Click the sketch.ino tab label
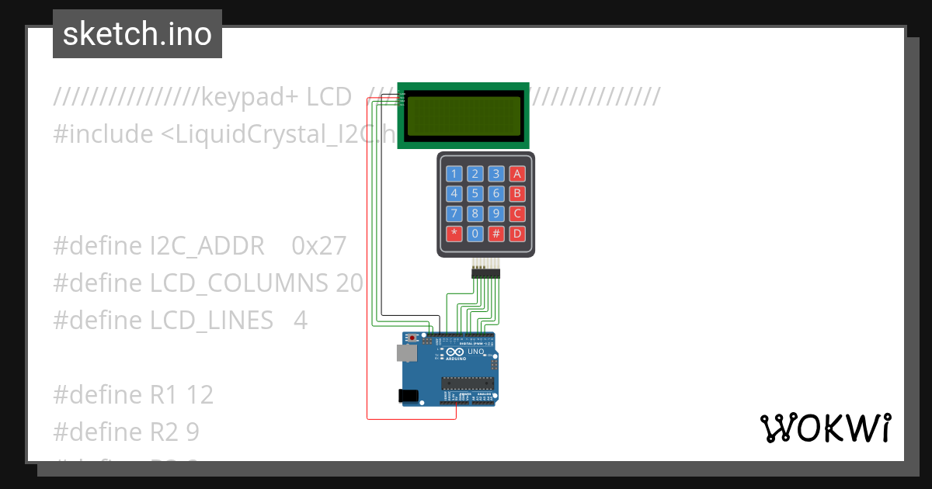coord(137,34)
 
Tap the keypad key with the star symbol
coord(454,233)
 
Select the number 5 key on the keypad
coord(475,194)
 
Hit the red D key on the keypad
coord(517,233)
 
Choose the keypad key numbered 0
coord(475,233)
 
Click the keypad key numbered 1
coord(454,174)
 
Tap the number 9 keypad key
coord(496,213)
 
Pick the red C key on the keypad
coord(517,213)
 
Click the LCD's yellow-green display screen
coord(464,115)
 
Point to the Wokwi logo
coord(825,428)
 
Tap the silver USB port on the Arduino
coord(405,353)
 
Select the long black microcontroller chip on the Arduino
coord(468,381)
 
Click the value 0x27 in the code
coord(318,246)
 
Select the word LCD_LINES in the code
coord(212,320)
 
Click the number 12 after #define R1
coord(200,394)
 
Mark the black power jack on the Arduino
coord(407,396)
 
